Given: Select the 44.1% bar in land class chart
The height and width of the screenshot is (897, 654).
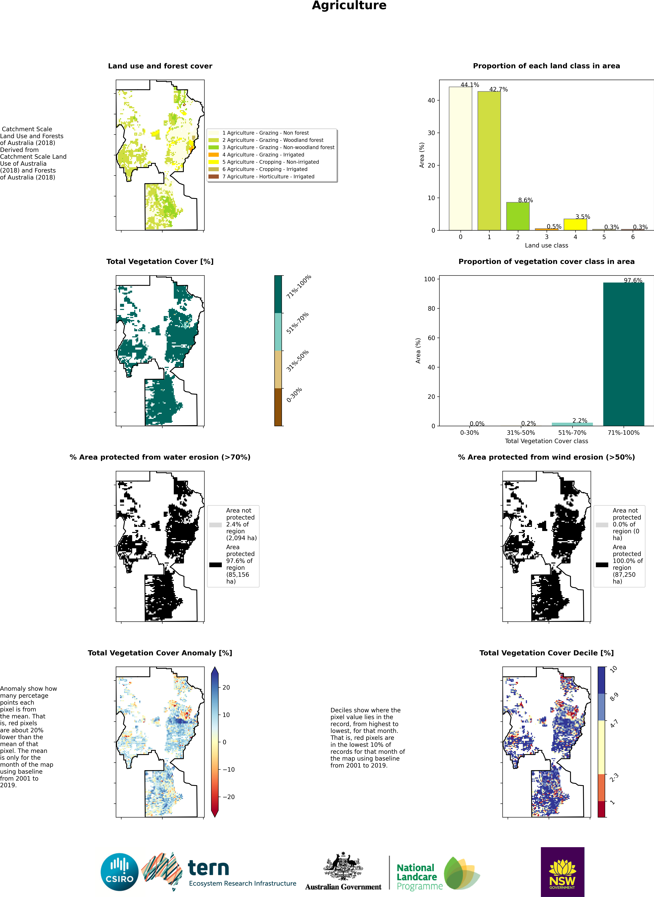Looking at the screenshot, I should [x=460, y=158].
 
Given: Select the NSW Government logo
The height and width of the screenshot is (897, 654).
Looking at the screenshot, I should [x=562, y=871].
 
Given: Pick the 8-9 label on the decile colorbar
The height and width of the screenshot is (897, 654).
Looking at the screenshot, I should [x=614, y=697].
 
